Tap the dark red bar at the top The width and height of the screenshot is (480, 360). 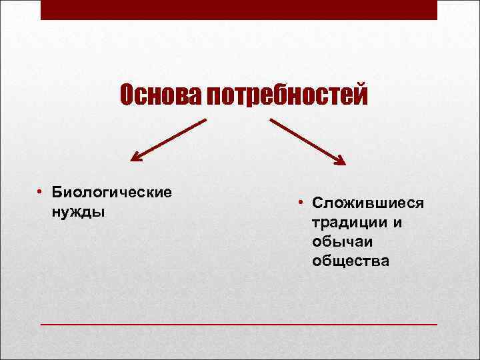(x=239, y=10)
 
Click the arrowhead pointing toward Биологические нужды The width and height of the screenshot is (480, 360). (x=135, y=158)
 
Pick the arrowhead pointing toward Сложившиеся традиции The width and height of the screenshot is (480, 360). (x=340, y=160)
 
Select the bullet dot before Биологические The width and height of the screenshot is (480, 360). (x=41, y=192)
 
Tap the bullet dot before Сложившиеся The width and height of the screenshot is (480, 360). (x=301, y=202)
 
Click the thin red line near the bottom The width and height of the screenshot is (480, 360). (x=239, y=324)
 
